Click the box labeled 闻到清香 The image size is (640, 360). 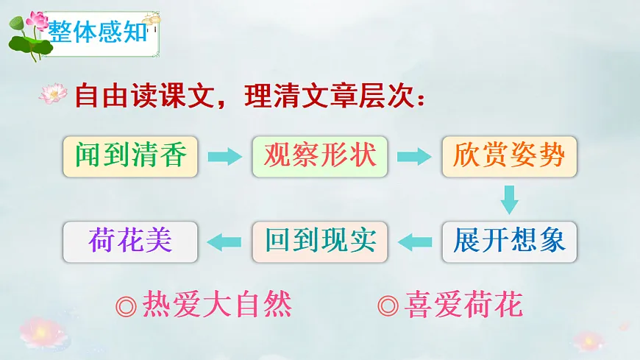[130, 155]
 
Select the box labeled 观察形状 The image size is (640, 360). [319, 155]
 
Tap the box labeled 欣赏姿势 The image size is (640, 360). [509, 155]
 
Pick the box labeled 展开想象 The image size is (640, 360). [509, 241]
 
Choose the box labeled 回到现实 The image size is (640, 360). [319, 241]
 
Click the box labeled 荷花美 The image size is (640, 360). [130, 241]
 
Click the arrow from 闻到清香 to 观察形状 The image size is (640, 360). [224, 156]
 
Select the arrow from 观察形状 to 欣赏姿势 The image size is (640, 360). [413, 156]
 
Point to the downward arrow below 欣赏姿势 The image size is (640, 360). [509, 199]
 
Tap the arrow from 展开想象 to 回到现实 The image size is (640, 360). [414, 241]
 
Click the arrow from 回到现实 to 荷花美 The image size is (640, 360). [225, 241]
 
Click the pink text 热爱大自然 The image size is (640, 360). [217, 304]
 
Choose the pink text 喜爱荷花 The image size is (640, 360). [464, 304]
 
